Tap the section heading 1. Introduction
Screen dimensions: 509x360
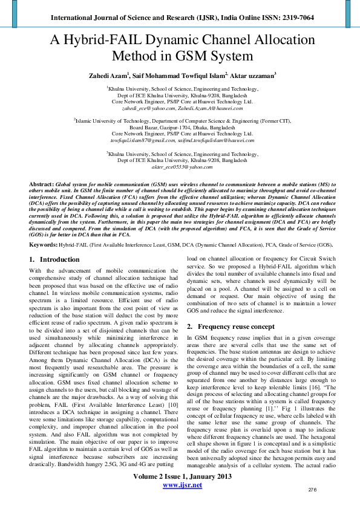pos(54,259)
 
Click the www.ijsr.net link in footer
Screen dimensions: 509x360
pos(182,502)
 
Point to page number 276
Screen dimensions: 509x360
pos(313,506)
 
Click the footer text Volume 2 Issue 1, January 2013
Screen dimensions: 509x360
pos(182,493)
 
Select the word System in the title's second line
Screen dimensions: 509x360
pos(229,57)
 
